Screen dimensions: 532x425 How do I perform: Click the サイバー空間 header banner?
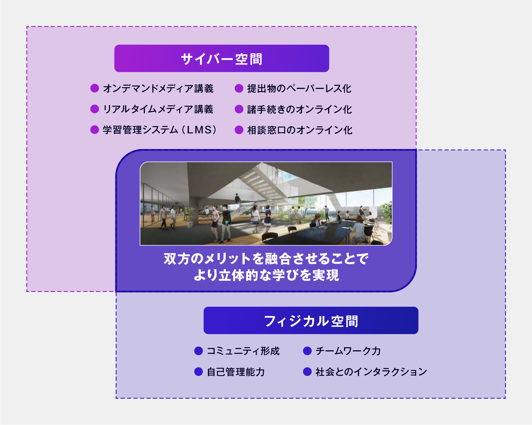tap(221, 58)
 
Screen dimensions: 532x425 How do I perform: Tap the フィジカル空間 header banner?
tap(311, 320)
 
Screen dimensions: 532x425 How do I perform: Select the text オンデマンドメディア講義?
tap(158, 88)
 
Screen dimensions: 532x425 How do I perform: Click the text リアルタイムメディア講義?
tap(158, 109)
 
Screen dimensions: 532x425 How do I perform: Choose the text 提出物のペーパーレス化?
tap(299, 88)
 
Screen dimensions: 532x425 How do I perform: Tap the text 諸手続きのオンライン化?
tap(299, 109)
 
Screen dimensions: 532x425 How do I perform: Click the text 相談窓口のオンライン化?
tap(300, 130)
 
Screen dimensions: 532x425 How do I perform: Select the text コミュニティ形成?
tap(243, 351)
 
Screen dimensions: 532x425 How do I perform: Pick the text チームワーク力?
tap(348, 351)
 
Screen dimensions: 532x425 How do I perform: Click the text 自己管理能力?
tap(236, 372)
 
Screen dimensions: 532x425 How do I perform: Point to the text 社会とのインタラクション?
tap(371, 372)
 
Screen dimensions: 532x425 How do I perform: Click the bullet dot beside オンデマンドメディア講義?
tap(94, 88)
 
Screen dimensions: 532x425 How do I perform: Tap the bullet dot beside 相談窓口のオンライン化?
tap(239, 130)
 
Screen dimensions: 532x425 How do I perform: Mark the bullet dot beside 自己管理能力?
tap(199, 372)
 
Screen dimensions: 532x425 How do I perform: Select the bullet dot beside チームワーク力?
tap(307, 351)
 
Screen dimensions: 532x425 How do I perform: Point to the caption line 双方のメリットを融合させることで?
tap(266, 259)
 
